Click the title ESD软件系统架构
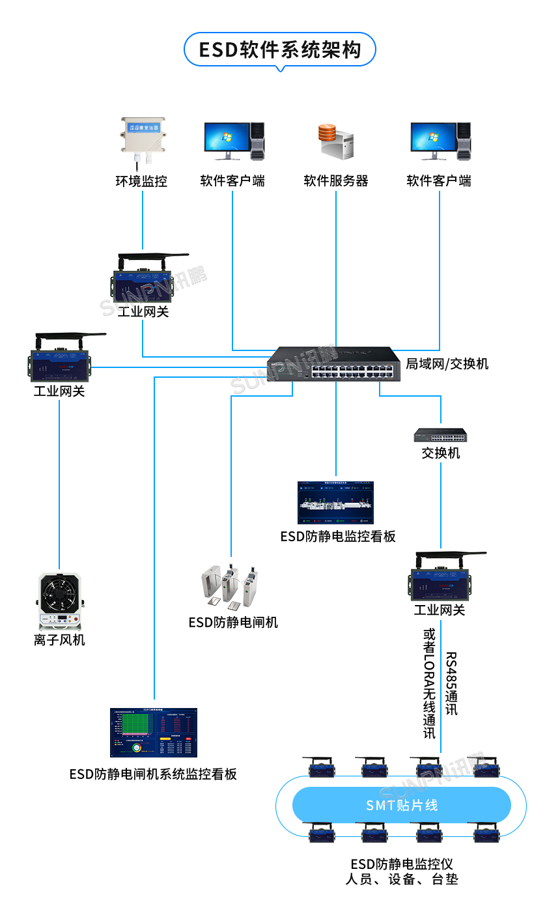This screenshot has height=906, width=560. pos(280,50)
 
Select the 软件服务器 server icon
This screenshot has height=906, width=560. pos(335,141)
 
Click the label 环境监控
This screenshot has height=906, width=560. pos(142,181)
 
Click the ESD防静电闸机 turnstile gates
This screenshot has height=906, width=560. pos(231,584)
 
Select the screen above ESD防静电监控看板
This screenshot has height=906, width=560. pos(336,503)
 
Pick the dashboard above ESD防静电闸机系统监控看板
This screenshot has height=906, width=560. pos(153,733)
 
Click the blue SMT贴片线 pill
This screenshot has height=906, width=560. pos(401,805)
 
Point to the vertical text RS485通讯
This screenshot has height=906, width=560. pos(451,683)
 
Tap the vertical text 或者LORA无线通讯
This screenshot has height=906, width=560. pos(430,683)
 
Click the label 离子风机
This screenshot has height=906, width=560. pos(59,640)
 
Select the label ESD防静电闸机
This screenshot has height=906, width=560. pos(233,623)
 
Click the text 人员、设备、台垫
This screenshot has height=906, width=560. pos(401,879)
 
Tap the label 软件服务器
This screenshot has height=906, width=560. pos(336,181)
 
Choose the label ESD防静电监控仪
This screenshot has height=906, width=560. pos(401,864)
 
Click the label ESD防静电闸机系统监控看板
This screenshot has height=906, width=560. pos(153,774)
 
